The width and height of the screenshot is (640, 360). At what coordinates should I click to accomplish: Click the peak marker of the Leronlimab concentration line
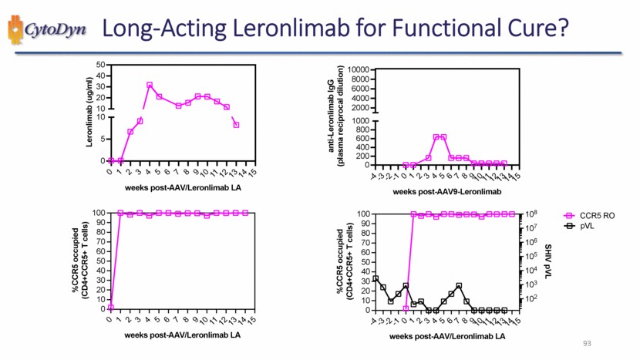pyautogui.click(x=150, y=86)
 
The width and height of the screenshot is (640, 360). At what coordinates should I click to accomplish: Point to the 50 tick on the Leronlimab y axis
pyautogui.click(x=101, y=65)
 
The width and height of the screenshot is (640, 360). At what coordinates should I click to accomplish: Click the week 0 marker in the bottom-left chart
pyautogui.click(x=111, y=307)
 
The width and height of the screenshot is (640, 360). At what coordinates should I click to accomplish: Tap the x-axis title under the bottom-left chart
pyautogui.click(x=182, y=335)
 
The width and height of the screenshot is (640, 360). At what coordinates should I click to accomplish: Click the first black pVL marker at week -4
pyautogui.click(x=376, y=278)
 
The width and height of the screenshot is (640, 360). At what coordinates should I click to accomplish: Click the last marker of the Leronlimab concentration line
pyautogui.click(x=236, y=125)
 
